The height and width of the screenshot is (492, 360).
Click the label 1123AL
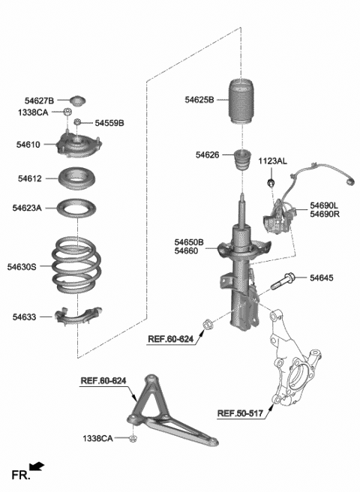click(x=274, y=161)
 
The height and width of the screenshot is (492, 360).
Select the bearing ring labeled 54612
click(x=79, y=181)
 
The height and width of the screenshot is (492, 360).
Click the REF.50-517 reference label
click(x=241, y=412)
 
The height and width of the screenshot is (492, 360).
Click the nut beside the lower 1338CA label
click(x=133, y=438)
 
